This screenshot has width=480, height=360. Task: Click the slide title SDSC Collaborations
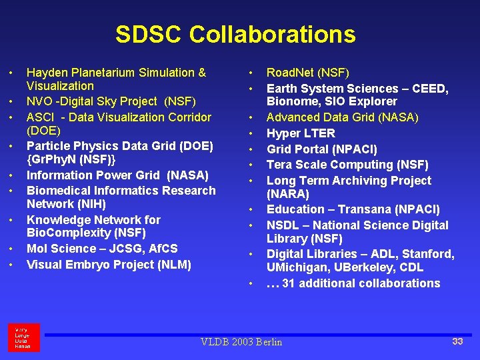tap(235, 35)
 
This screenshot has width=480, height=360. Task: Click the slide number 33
tap(457, 341)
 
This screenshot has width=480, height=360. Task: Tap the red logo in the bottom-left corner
tap(24, 337)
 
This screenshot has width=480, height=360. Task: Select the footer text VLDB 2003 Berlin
tap(241, 342)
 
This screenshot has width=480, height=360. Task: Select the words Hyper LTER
tap(301, 133)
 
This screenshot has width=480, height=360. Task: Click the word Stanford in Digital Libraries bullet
tap(427, 254)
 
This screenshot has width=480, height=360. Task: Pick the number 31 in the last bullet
tap(289, 283)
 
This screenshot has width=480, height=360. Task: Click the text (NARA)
tap(288, 194)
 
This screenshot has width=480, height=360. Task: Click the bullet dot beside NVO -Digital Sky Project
tap(11, 102)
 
